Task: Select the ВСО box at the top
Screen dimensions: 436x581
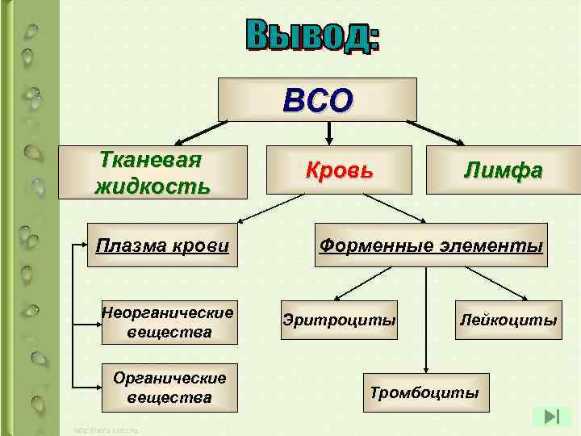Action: (318, 99)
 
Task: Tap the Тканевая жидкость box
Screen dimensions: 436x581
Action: (152, 172)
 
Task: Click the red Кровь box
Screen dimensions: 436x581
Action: (339, 170)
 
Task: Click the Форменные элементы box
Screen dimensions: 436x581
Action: (431, 245)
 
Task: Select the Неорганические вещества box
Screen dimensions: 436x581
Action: (168, 322)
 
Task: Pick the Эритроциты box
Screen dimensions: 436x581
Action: (339, 321)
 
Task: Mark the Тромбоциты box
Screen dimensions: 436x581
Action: (425, 393)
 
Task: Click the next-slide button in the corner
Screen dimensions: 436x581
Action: (553, 417)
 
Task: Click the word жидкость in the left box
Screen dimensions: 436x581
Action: (153, 187)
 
